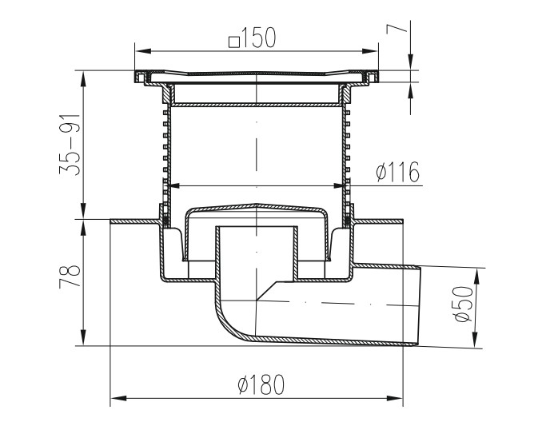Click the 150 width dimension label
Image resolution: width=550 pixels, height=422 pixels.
click(258, 38)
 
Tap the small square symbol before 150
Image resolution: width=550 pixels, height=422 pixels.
click(234, 42)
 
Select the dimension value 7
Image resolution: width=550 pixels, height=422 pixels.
click(397, 29)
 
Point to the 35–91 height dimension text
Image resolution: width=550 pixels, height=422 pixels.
click(70, 145)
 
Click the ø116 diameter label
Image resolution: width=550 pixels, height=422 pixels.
click(398, 172)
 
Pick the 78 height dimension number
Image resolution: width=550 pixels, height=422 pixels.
click(70, 276)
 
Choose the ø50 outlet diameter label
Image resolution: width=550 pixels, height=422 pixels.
click(463, 305)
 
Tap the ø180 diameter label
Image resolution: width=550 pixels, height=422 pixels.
click(261, 384)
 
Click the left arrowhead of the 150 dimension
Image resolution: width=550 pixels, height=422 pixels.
click(143, 51)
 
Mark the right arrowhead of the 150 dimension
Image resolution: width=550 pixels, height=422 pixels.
click(370, 51)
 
